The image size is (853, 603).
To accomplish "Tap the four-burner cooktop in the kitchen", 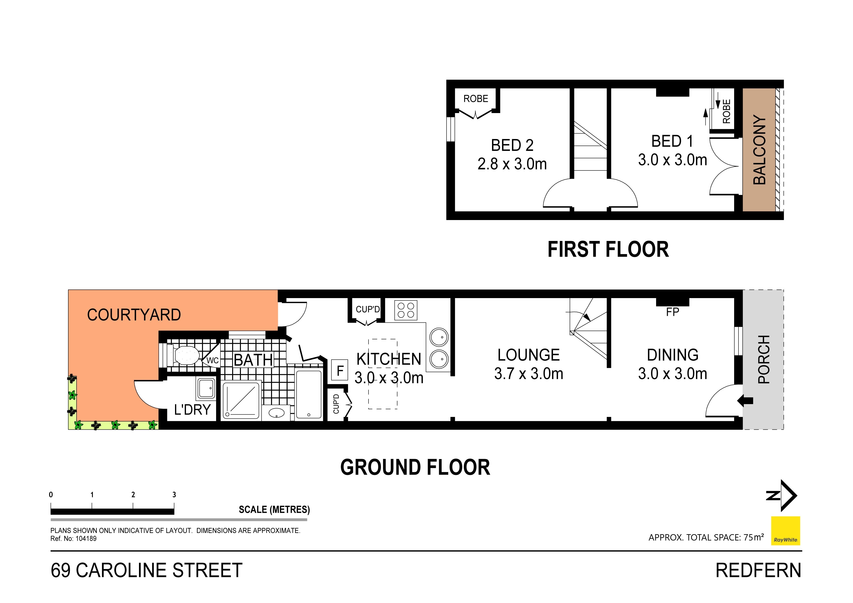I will click(x=406, y=310).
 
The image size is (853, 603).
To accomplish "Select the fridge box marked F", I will click(x=340, y=370).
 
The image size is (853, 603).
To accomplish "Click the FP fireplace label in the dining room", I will click(x=672, y=312).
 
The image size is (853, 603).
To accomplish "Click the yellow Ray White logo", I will click(x=785, y=531).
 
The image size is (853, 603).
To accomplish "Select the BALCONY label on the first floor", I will click(x=759, y=150).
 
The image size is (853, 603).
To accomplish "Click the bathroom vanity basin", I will click(x=276, y=413).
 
